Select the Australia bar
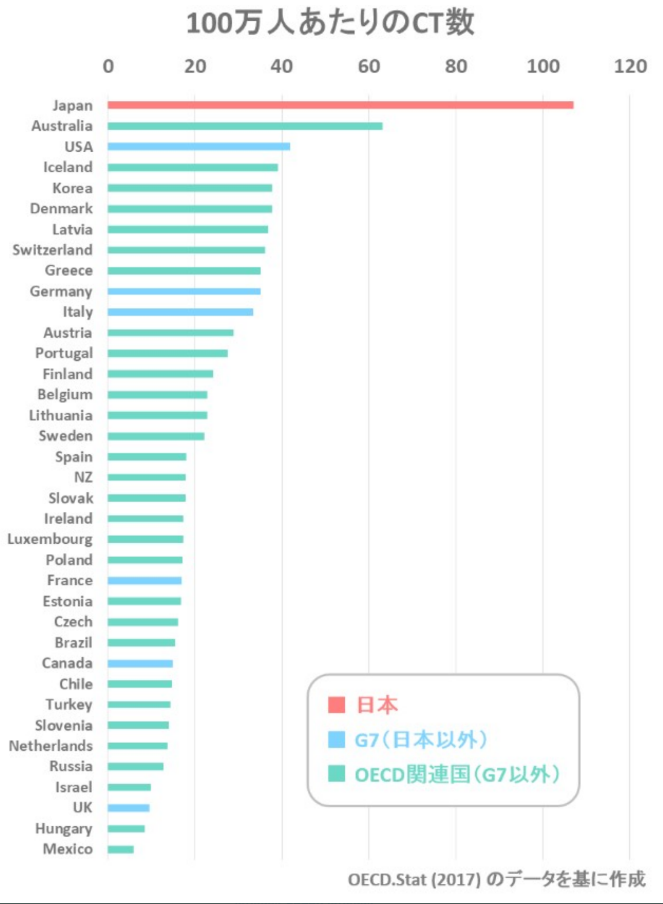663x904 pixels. (x=245, y=126)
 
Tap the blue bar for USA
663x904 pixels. (x=198, y=146)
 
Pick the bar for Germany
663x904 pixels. (x=183, y=292)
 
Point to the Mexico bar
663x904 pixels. (x=120, y=850)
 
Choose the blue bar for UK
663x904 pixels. (x=128, y=808)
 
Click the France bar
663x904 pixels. (x=144, y=581)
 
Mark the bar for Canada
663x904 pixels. (x=140, y=664)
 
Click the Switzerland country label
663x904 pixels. (x=52, y=250)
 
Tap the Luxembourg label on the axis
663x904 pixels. (x=50, y=539)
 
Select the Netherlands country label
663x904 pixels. (x=51, y=746)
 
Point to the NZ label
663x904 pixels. (x=83, y=477)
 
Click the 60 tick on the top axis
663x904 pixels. (x=369, y=66)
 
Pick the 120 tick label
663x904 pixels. (x=630, y=66)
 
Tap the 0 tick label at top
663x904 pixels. (x=108, y=66)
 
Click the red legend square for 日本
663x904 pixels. (x=336, y=705)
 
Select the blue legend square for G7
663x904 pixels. (x=336, y=740)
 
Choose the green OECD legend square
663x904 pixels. (x=336, y=774)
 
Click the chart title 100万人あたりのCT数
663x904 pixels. (x=330, y=23)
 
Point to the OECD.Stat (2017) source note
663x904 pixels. (x=496, y=880)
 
